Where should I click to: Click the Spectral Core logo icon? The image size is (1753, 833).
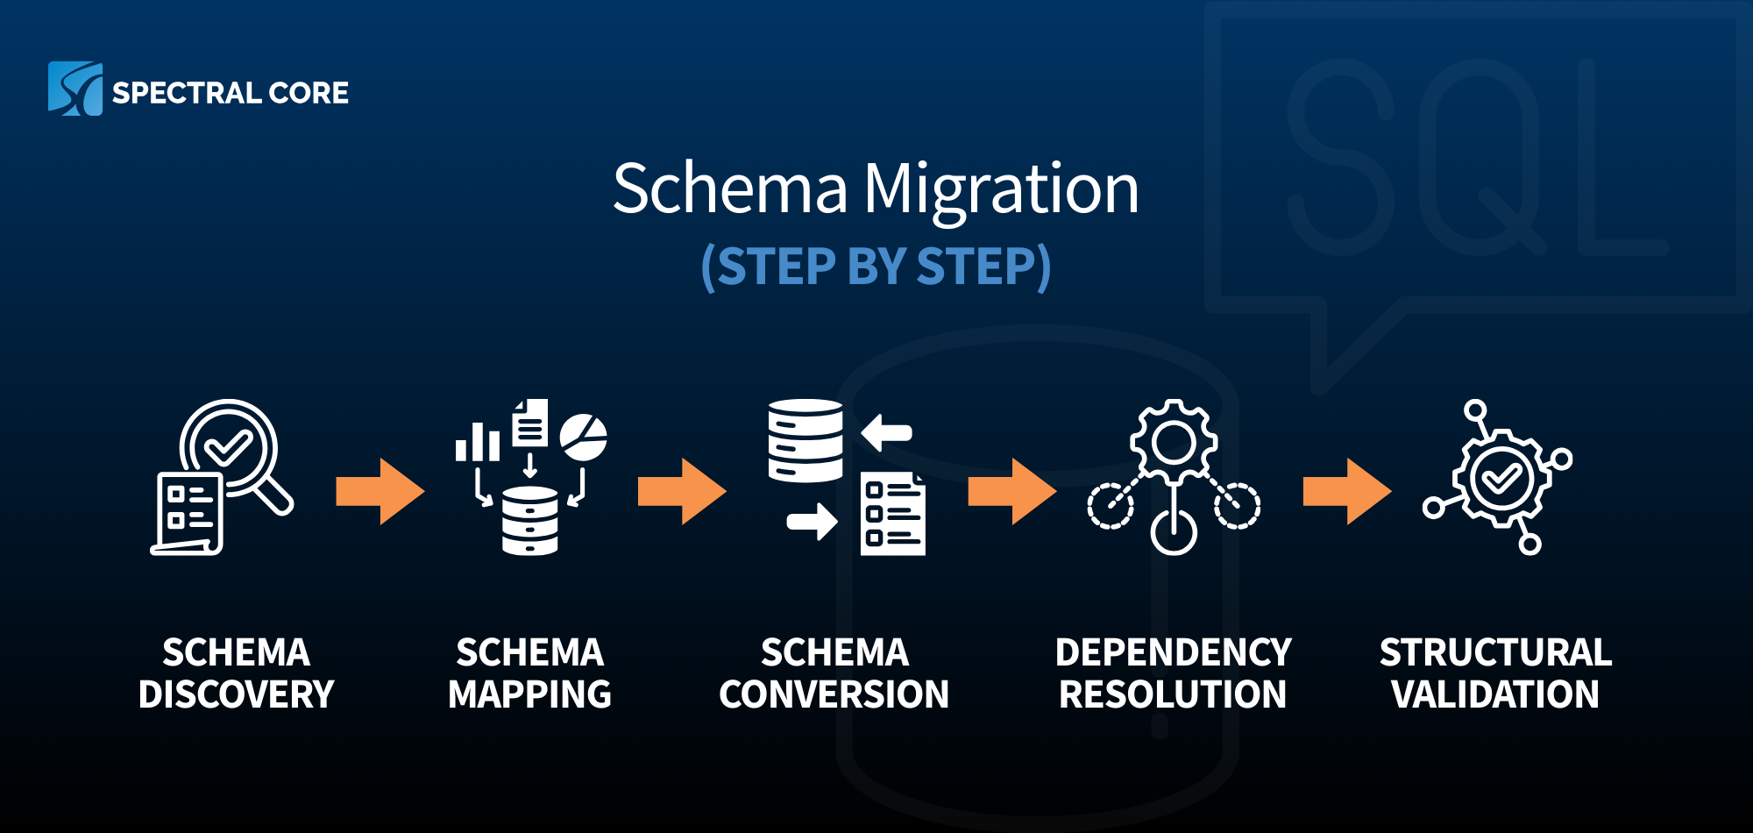(75, 89)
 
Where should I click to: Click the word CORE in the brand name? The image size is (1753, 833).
(309, 93)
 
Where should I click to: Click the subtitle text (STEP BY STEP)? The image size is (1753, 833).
(876, 267)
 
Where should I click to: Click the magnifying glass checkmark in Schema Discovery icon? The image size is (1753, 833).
(228, 447)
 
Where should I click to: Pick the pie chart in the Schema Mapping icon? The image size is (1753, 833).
(583, 438)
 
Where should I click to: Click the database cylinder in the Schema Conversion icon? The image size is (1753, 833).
(806, 441)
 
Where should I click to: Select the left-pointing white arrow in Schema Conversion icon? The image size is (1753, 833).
(887, 432)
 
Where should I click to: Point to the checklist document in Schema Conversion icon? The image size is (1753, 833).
(892, 515)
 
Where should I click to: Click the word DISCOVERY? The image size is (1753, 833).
(237, 694)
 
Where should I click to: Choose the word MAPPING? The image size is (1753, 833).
(529, 694)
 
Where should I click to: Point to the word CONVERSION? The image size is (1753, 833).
(834, 694)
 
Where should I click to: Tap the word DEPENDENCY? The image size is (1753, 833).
(1173, 652)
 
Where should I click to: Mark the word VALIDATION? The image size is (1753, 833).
(1495, 694)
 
